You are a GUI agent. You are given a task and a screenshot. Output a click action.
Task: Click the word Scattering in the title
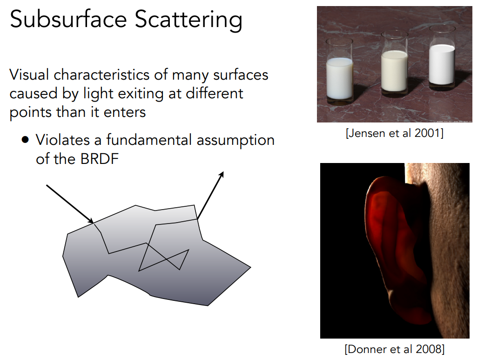188,20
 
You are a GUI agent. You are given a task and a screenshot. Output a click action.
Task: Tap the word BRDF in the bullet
99,159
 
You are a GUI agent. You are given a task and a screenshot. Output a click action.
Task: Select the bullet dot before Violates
25,139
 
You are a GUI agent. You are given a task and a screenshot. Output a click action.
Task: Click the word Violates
63,140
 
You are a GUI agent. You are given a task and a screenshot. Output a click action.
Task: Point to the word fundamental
149,140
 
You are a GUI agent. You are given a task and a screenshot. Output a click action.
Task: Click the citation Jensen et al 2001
395,133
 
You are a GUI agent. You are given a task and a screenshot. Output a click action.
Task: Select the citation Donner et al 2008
395,349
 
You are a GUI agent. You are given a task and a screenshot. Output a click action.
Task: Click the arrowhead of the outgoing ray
222,174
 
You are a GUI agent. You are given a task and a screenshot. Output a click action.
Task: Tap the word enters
125,113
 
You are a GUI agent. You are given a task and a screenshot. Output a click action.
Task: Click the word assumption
235,140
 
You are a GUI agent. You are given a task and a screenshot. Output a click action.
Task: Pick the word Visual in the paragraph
29,75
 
